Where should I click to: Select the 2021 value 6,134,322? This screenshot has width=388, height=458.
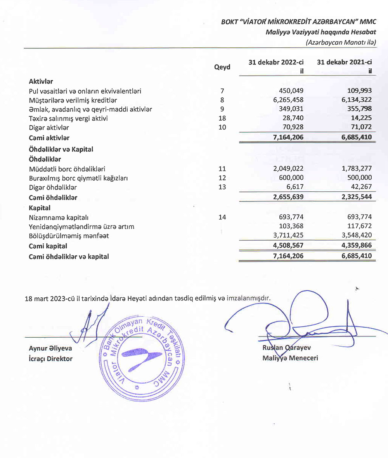355,100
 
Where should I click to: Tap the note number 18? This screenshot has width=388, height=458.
222,118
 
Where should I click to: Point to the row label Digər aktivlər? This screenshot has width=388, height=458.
49,127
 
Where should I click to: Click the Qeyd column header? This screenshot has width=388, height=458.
222,67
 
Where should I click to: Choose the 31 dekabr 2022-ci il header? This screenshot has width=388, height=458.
276,66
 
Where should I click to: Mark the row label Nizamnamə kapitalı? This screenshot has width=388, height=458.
56,217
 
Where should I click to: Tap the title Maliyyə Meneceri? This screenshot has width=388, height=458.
290,358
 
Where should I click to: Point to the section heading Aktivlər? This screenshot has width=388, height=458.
41,82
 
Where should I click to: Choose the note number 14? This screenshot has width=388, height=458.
222,217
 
